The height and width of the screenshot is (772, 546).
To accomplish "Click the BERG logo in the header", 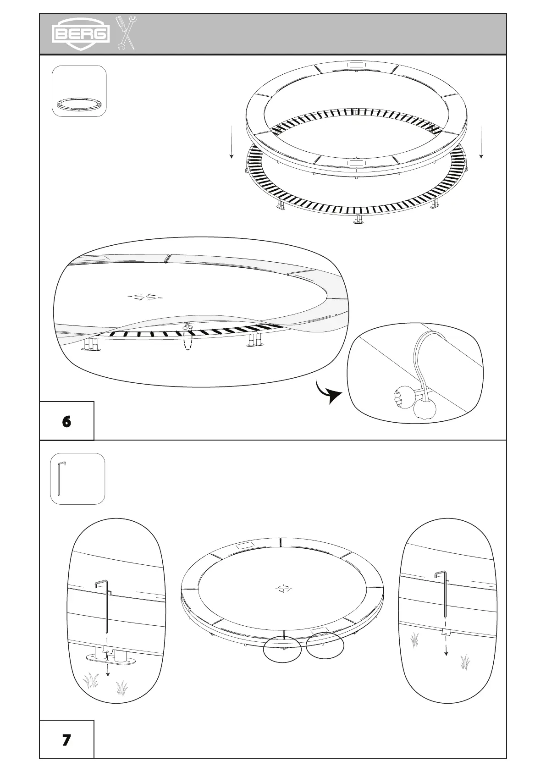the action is pos(81,33).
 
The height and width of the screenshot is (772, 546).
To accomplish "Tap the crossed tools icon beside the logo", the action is pos(126,33).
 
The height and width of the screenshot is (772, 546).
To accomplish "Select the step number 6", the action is pos(67,421).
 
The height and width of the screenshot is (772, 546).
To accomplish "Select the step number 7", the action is pos(67,739).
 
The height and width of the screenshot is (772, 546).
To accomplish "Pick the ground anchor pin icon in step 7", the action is pos(77,479).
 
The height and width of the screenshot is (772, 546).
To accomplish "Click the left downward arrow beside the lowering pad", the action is pos(232,142).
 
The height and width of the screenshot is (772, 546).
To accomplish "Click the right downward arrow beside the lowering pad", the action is pos(481,142).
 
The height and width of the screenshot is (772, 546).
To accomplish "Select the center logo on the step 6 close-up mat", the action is pos(145,297).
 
